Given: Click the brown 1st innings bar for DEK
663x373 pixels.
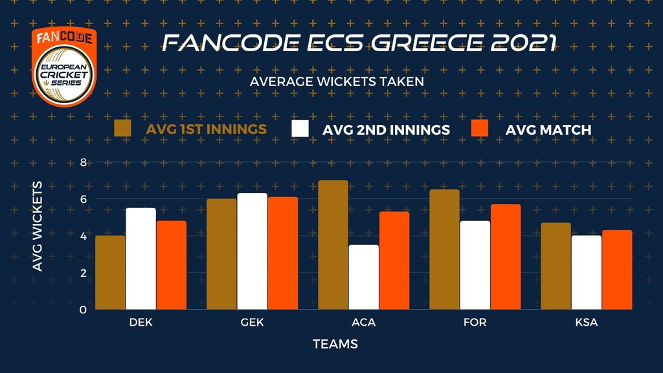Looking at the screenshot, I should coord(110,273).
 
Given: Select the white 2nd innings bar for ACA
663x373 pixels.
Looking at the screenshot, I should coord(363,277).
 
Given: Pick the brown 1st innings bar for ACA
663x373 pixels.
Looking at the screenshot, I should coord(333,245).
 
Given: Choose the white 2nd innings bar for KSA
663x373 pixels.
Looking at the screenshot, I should coord(587,273).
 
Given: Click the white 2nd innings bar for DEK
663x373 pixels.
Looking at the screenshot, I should coord(140,258).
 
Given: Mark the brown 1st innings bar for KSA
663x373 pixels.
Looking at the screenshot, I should coord(556,266).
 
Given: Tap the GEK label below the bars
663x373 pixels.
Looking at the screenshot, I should coord(251,322).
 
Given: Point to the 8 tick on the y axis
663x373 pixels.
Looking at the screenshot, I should coord(83,163).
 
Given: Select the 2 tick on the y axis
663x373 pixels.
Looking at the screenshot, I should coord(83,273).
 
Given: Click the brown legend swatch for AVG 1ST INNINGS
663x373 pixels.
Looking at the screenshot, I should coord(123,129).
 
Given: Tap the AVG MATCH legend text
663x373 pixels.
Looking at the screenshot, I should coord(548,130).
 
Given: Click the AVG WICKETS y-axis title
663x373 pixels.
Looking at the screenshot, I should coord(38,227).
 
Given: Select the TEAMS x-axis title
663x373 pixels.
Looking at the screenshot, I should coord(335,344).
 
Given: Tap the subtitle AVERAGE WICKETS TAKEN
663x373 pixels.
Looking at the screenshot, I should coord(337,82).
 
